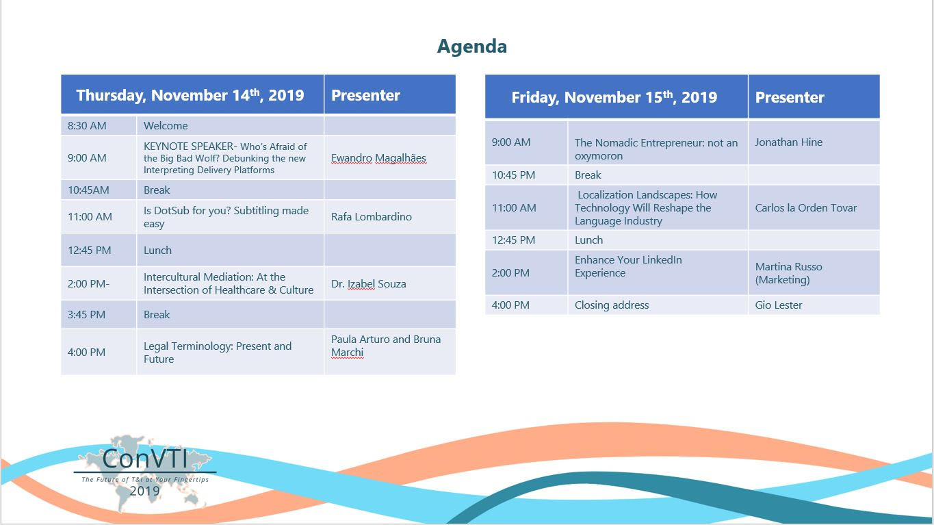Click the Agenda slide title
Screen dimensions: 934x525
(x=471, y=47)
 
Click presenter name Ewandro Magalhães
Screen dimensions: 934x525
(x=378, y=158)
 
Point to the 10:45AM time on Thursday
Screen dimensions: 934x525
(x=88, y=190)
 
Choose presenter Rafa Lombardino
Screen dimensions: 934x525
(x=371, y=217)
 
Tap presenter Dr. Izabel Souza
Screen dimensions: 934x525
(x=368, y=284)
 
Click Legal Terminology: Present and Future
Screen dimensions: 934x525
(x=217, y=353)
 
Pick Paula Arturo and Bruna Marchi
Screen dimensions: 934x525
(x=386, y=346)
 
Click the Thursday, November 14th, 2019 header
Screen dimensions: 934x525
(x=190, y=95)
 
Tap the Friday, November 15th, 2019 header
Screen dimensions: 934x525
(x=614, y=97)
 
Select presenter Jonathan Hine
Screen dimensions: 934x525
(x=788, y=142)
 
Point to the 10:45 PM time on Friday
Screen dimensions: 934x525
(x=513, y=175)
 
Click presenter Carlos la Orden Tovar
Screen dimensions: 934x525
(x=805, y=207)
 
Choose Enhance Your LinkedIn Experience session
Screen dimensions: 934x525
(x=628, y=266)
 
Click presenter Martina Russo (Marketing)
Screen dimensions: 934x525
(x=788, y=273)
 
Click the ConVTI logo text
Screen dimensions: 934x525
(x=144, y=459)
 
